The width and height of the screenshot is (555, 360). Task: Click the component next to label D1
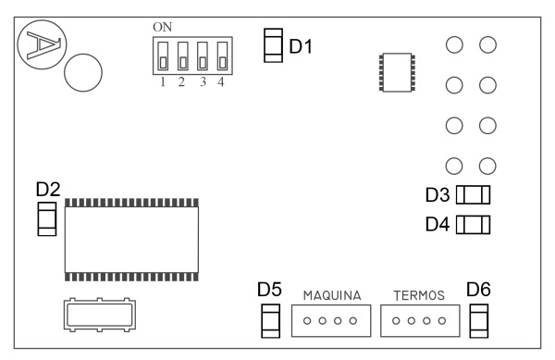tap(273, 45)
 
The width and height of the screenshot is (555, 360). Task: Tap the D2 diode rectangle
tap(47, 219)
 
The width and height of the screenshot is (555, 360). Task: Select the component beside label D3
tap(473, 194)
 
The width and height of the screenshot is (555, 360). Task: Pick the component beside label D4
tap(473, 225)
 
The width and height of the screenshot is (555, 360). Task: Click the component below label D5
tap(270, 321)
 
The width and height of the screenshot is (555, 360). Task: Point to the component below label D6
tap(479, 321)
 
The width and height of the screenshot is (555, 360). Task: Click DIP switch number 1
tap(163, 56)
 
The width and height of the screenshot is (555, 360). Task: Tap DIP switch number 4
tap(222, 56)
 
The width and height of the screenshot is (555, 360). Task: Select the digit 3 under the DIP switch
tap(203, 82)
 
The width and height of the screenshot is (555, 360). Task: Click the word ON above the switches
tap(163, 27)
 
